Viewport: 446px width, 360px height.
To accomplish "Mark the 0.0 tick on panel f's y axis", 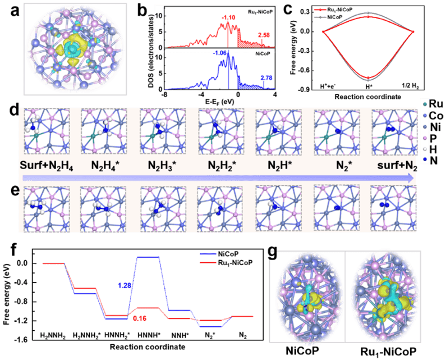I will (24, 263).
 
